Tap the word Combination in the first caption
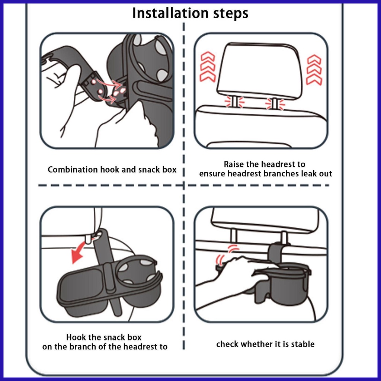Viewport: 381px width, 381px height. tap(73, 169)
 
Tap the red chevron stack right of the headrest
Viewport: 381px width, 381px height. tap(314, 70)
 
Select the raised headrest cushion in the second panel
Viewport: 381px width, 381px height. tap(260, 69)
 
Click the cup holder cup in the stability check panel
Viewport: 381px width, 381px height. tap(287, 284)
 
